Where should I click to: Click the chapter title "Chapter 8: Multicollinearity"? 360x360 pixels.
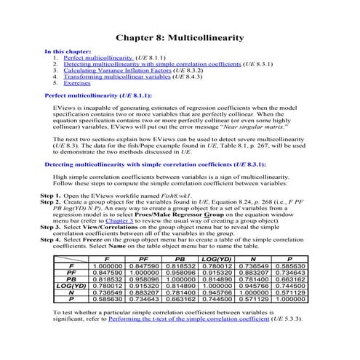click(x=180, y=37)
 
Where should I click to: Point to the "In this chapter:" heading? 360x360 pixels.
click(x=68, y=51)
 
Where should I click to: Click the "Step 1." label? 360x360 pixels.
click(x=50, y=196)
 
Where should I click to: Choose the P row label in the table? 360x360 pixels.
click(x=71, y=319)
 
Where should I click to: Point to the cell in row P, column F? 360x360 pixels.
click(x=107, y=319)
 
